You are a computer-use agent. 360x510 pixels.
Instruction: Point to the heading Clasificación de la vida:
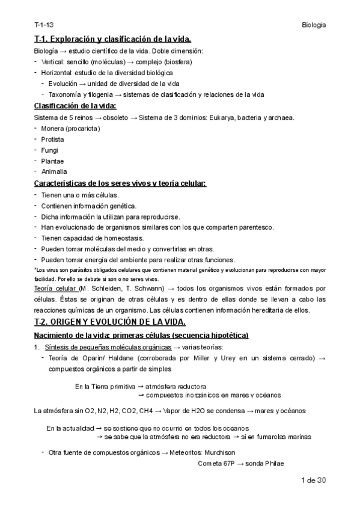[75, 106]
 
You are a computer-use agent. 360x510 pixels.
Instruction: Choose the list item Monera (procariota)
[71, 128]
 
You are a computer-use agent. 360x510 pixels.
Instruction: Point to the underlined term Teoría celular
[58, 289]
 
